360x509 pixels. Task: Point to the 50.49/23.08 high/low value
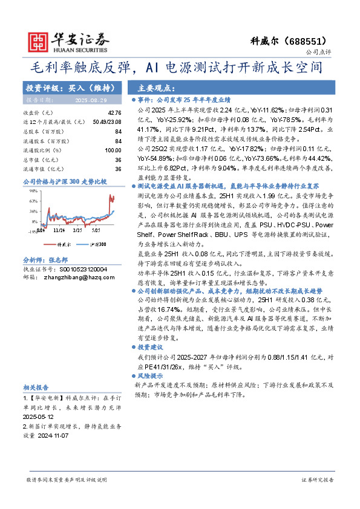(x=107, y=123)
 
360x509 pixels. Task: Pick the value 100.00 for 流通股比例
(x=113, y=151)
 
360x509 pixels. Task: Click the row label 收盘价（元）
(x=38, y=113)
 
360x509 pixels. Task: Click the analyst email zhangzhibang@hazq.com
(x=80, y=277)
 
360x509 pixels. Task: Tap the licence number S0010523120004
(x=82, y=269)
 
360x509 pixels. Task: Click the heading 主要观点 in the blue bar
(x=157, y=88)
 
